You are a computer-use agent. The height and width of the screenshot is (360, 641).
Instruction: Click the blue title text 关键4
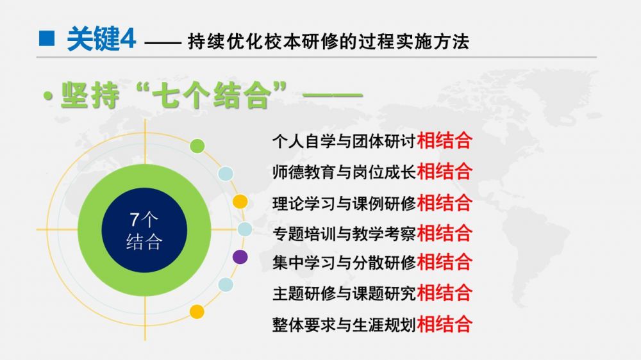coord(101,39)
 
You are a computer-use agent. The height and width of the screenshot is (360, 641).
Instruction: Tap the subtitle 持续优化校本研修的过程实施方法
coord(328,41)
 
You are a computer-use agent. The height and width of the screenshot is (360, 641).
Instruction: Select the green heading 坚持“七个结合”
coord(174,95)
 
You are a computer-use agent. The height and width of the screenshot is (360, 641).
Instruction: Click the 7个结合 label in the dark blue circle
coord(144,231)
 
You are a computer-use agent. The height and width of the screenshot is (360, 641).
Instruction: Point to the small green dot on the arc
coord(197,146)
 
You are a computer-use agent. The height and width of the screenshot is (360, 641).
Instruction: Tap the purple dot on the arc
coord(240,257)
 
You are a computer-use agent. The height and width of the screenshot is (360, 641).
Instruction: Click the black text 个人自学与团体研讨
coord(344,141)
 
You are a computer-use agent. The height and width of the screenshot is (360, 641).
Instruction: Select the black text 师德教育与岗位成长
coord(344,172)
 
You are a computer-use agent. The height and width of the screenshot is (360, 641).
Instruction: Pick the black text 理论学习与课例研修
coord(344,202)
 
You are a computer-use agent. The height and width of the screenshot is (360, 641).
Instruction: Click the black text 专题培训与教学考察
coord(344,233)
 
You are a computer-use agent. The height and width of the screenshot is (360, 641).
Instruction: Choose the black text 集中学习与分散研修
coord(344,263)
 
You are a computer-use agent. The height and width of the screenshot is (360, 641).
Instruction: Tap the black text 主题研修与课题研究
coord(344,293)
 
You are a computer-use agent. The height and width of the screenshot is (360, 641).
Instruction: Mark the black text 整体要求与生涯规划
coord(344,325)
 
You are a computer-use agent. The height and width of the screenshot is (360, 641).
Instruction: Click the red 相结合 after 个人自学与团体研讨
coord(444,140)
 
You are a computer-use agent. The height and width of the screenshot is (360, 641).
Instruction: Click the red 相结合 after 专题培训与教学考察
coord(444,233)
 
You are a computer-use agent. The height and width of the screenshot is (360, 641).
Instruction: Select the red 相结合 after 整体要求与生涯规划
coord(444,325)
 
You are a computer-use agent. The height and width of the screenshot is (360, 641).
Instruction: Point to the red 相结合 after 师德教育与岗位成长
coord(444,171)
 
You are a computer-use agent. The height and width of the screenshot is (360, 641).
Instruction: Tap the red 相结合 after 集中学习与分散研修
coord(444,262)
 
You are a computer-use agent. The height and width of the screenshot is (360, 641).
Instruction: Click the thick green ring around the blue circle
coord(90,230)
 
